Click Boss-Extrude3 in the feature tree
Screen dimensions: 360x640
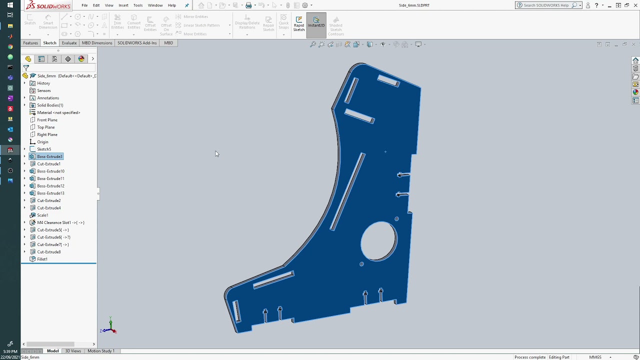coord(49,156)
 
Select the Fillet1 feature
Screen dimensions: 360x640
coord(42,259)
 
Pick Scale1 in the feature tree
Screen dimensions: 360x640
coord(42,215)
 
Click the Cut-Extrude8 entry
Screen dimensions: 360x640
coord(48,252)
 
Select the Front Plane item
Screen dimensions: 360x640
coord(47,120)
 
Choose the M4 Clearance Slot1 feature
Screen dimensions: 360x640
coord(60,222)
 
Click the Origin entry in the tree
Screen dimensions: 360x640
coord(42,142)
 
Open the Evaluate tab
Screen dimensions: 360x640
coord(69,43)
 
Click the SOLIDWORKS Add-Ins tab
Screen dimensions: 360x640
coord(137,43)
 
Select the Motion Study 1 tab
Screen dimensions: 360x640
coord(101,351)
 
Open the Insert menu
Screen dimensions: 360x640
coord(123,5)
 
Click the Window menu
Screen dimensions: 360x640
coord(155,5)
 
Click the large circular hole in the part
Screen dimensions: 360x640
coord(378,241)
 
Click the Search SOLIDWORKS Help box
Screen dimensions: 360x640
coord(545,5)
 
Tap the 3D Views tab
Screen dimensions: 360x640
coord(73,351)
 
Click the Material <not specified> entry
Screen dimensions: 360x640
coord(58,112)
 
